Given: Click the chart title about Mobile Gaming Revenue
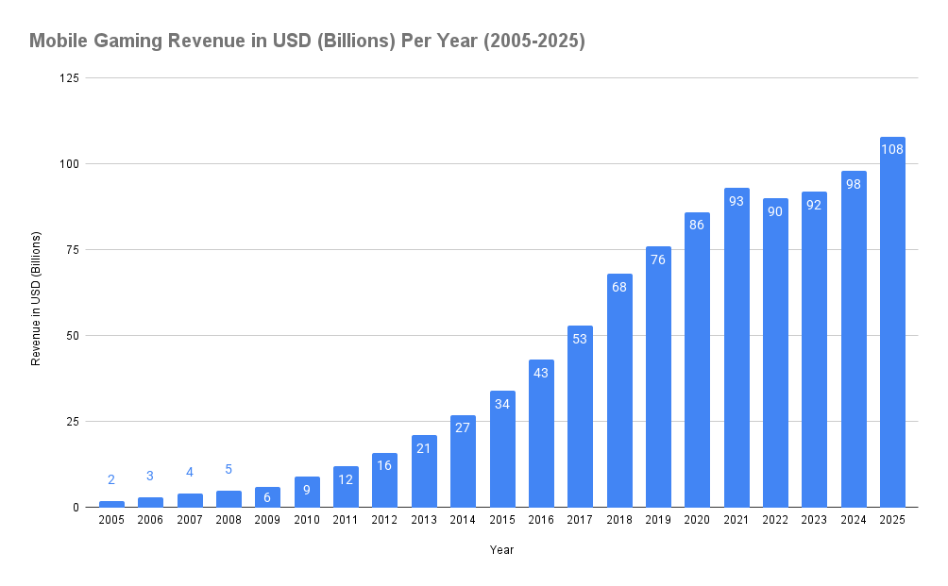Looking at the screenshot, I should (307, 41).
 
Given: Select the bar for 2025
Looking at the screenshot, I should (892, 322).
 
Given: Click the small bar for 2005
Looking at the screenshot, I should (111, 504).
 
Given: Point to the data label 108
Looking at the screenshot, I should (892, 149).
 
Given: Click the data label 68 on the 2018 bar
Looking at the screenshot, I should (619, 287).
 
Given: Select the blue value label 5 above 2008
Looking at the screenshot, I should (229, 469).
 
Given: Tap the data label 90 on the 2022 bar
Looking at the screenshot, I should (775, 211).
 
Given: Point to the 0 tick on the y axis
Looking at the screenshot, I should (76, 507).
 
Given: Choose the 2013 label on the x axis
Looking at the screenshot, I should (424, 520).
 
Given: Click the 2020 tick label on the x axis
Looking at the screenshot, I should (697, 520).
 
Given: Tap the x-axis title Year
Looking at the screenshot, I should (501, 549).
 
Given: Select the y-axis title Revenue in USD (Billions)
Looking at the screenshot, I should (36, 297).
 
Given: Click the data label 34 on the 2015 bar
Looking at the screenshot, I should (502, 404).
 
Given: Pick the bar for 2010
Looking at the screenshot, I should (307, 492).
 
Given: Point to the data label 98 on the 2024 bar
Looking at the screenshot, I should (854, 184).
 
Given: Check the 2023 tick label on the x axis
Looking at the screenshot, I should (814, 520).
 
